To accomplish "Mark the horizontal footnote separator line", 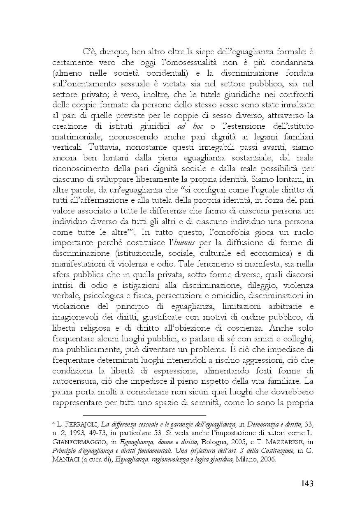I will pyautogui.click(x=144, y=404).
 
